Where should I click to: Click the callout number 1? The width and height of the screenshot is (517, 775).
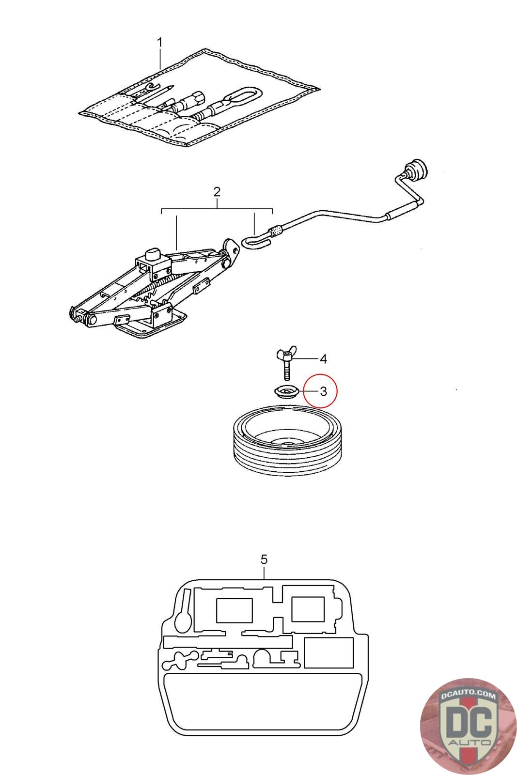160,42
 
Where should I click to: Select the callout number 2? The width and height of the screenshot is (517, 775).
217,192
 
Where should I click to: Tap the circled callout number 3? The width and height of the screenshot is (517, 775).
323,391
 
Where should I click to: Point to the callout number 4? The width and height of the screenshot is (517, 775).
323,359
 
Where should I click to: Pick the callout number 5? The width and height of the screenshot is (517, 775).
264,559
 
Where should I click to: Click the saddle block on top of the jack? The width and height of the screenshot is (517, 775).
154,255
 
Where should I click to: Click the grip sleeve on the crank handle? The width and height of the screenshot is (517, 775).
402,211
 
